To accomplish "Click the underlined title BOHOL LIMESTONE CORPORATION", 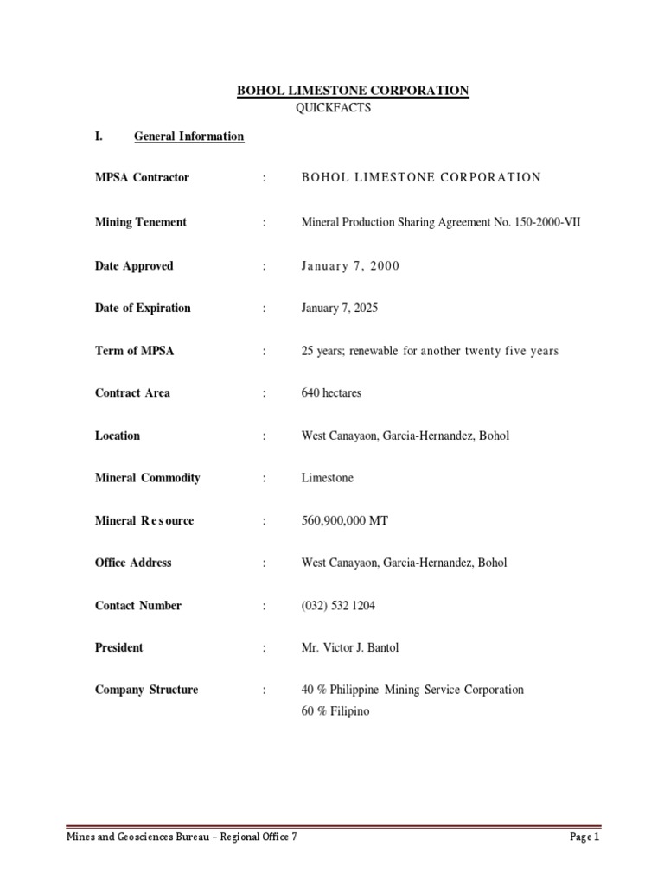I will (353, 91).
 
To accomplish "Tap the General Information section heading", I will (188, 137).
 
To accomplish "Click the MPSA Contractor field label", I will (142, 178).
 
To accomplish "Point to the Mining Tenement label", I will (140, 222).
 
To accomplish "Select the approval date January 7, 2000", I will (350, 266).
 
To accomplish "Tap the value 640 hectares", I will (331, 393).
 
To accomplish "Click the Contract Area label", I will (132, 393).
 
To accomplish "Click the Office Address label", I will (133, 563).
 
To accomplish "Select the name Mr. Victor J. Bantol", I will (350, 648).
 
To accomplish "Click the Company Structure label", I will (146, 690).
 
